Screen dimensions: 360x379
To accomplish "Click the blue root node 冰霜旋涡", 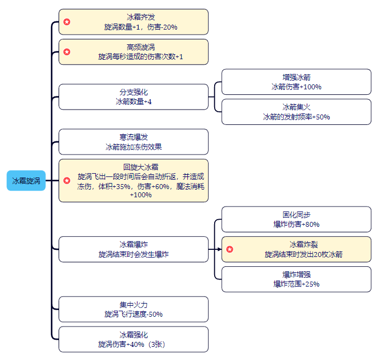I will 26,181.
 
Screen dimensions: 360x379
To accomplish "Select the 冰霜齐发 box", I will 133,22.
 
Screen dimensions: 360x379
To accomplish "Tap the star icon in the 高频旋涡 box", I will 67,52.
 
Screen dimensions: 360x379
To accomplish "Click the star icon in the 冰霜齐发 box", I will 67,22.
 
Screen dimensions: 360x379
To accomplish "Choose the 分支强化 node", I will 133,97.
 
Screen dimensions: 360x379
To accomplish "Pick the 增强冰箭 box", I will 296,82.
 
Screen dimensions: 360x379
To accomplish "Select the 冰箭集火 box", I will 296,112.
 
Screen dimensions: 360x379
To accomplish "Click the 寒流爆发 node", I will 133,142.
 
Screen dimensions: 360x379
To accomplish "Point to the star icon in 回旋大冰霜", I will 67,180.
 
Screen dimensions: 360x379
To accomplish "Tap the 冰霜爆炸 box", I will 133,249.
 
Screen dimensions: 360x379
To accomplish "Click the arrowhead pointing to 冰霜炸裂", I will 219,249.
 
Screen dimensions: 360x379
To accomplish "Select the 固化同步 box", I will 296,219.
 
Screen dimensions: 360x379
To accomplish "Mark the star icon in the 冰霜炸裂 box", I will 230,249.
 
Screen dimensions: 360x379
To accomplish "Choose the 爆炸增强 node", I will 296,279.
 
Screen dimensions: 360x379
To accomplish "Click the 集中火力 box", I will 133,309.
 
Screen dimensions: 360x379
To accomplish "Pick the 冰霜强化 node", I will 133,339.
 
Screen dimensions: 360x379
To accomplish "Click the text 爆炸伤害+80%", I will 296,224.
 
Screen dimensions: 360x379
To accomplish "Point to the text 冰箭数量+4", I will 133,102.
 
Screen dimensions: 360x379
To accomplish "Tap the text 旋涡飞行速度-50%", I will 133,315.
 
